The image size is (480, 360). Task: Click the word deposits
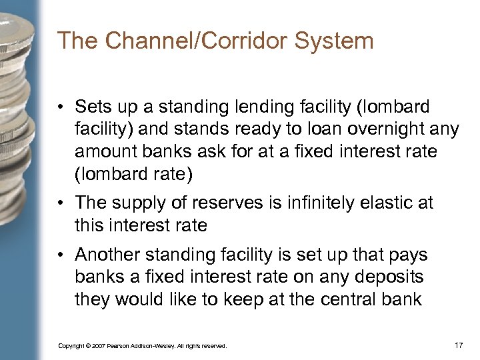[394, 277]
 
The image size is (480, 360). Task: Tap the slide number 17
[459, 345]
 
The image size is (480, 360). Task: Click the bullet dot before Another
[63, 255]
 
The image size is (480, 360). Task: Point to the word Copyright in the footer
[72, 346]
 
